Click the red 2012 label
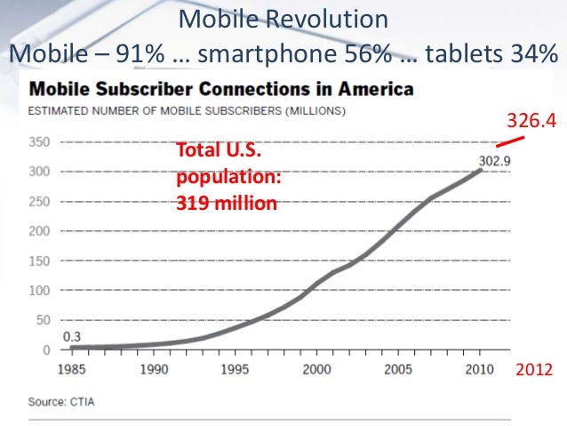(535, 368)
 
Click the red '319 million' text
(227, 204)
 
